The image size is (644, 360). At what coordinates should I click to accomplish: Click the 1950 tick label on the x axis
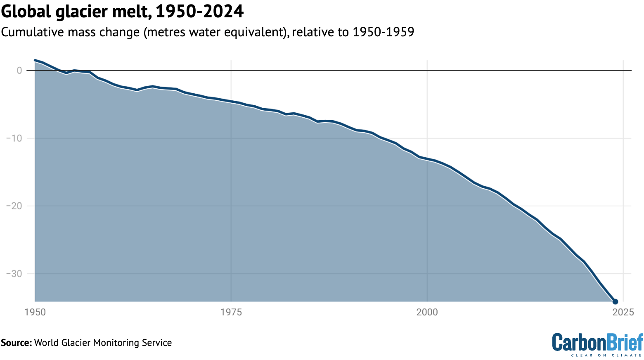pos(35,312)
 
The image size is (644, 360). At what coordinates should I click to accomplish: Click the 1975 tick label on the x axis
pos(231,312)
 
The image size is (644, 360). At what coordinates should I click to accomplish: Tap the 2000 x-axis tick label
pos(427,312)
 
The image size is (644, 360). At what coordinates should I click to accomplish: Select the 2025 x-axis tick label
pos(623,312)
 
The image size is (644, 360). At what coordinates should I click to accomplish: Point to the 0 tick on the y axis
pos(19,71)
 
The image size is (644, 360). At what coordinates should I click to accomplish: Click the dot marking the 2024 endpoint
pos(615,302)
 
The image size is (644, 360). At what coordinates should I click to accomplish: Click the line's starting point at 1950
pos(35,60)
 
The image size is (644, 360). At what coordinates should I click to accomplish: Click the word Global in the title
pos(26,12)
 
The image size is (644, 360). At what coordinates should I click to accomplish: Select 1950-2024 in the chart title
pos(199,12)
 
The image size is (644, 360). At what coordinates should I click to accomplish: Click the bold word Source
pos(16,343)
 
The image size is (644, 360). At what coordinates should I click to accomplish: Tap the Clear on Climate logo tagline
pos(606,355)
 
